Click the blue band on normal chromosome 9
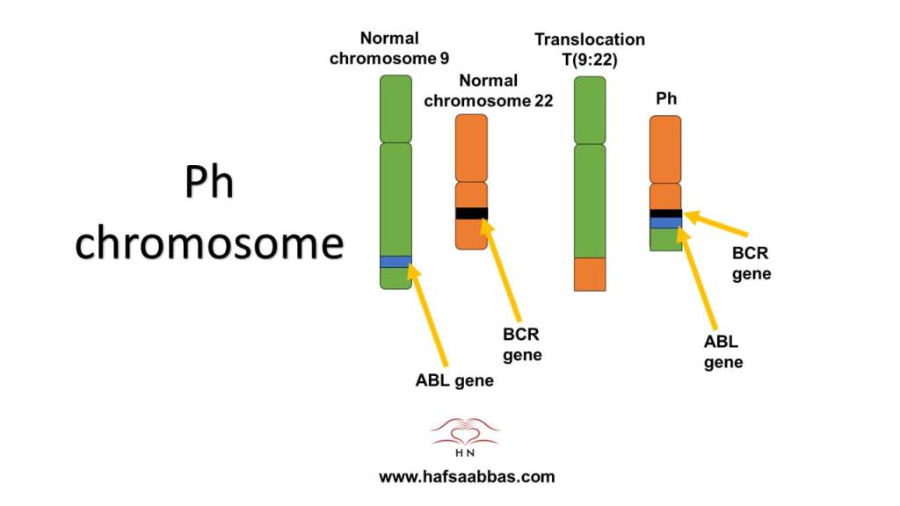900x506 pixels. click(x=396, y=262)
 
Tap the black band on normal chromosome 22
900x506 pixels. click(x=471, y=213)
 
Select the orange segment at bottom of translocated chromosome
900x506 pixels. click(x=590, y=274)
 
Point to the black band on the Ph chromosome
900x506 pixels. click(x=665, y=213)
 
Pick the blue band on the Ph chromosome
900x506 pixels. click(x=665, y=223)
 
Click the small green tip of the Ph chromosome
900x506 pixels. click(x=665, y=240)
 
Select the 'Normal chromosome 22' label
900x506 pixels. click(x=488, y=90)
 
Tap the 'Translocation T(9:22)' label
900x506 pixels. click(x=590, y=49)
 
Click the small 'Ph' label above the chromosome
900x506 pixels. click(x=666, y=98)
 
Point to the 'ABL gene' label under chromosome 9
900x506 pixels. click(x=454, y=380)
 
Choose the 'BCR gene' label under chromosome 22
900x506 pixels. click(x=521, y=345)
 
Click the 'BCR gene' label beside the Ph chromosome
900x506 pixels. click(x=751, y=264)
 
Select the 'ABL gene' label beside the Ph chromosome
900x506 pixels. click(x=723, y=352)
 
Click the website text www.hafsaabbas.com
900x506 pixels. click(x=467, y=477)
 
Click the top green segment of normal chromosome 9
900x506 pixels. click(x=396, y=109)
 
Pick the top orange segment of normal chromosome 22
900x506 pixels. click(x=471, y=147)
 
